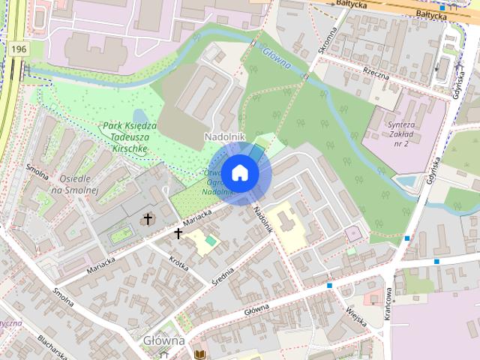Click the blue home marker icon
click(239, 173)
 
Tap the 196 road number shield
click(19, 49)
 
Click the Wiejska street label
click(355, 316)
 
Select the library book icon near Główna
click(199, 354)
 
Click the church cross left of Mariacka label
click(148, 219)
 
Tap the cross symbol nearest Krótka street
click(178, 234)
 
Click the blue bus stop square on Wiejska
click(329, 286)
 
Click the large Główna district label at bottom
click(163, 340)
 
